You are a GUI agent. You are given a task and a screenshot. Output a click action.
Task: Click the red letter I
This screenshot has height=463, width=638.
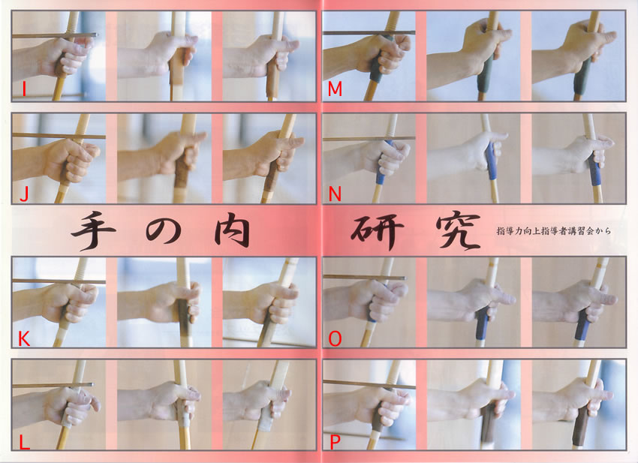24,89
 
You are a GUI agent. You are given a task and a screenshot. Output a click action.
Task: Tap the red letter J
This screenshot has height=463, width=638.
24,195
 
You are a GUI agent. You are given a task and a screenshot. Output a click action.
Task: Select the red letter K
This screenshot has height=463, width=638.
24,338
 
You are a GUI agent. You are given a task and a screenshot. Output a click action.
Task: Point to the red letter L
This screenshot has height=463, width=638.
25,442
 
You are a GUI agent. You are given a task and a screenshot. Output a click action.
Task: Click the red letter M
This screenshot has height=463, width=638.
335,89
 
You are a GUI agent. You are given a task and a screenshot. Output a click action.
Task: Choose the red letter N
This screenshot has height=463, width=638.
335,195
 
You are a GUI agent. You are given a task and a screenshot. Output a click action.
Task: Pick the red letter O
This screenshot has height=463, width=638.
335,338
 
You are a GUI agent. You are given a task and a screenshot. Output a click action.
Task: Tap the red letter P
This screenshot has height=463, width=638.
335,442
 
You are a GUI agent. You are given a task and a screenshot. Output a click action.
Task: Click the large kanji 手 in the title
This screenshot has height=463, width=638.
94,230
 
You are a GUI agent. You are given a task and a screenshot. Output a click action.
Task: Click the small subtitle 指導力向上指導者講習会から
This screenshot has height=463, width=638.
554,231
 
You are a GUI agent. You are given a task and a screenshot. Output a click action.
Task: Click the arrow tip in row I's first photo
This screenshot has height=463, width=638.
95,35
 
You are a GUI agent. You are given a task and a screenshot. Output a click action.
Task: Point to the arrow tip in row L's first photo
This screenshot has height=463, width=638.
92,384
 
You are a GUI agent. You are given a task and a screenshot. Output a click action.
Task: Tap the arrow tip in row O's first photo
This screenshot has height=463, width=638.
403,278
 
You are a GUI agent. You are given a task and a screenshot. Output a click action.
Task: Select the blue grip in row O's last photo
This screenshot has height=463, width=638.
582,326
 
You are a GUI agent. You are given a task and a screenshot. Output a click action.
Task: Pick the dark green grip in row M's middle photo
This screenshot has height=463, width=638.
485,77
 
